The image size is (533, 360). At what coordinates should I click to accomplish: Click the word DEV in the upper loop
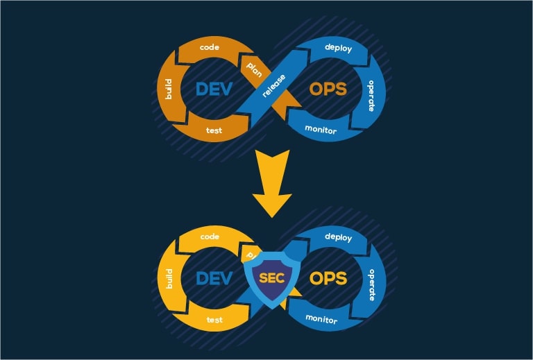coord(214,89)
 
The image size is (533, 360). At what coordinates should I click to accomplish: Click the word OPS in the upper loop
coord(327,89)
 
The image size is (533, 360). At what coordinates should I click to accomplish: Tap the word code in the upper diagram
coord(210,47)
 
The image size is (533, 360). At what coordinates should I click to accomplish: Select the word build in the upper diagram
coord(167,89)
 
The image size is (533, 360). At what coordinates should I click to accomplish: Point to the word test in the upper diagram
coord(214,130)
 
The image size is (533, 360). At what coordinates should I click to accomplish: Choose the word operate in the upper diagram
coord(372,96)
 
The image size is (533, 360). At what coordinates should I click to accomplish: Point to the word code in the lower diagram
coord(210,237)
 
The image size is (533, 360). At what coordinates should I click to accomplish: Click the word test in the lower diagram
coord(214,320)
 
